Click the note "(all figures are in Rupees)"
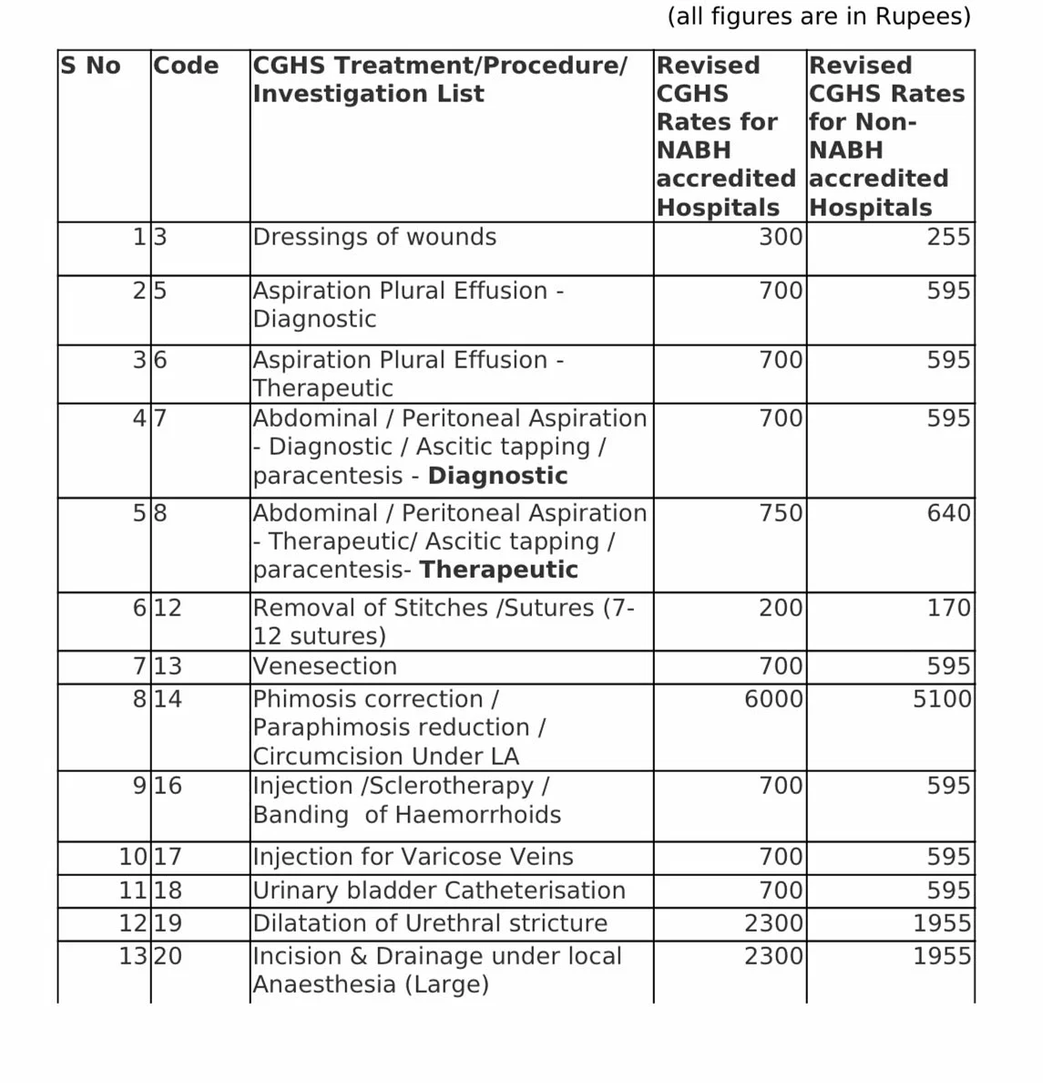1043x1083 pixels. point(819,16)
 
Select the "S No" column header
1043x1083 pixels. point(90,66)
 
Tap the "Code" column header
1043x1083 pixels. point(186,66)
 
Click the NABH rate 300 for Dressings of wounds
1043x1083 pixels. point(781,237)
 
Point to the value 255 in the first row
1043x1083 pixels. point(948,237)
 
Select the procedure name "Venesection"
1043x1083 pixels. point(324,666)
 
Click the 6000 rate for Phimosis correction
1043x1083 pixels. point(773,699)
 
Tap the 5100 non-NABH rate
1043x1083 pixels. point(942,699)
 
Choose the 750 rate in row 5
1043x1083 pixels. point(781,513)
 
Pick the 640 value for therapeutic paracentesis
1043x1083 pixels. point(948,513)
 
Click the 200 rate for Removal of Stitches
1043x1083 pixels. point(781,608)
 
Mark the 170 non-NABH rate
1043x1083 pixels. point(948,608)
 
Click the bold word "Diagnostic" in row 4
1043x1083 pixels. point(497,476)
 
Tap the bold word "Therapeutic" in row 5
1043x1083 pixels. point(498,570)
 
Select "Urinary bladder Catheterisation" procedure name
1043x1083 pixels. point(439,891)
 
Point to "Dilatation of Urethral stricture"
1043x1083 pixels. point(430,923)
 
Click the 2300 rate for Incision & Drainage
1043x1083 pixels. point(773,956)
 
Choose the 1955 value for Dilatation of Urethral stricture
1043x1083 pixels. point(942,923)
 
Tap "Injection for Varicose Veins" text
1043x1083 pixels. point(413,857)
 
